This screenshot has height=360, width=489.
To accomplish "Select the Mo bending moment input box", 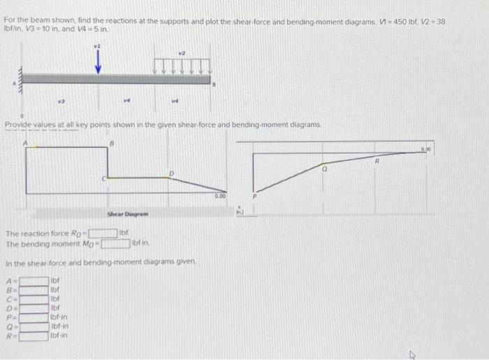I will tap(115, 243).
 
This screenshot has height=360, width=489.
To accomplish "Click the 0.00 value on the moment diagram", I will tap(446, 150).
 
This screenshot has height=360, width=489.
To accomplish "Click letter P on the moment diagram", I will tap(255, 198).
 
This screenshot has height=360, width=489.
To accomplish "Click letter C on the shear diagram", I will tap(104, 180).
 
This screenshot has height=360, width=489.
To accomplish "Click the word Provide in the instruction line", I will tap(20, 124).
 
